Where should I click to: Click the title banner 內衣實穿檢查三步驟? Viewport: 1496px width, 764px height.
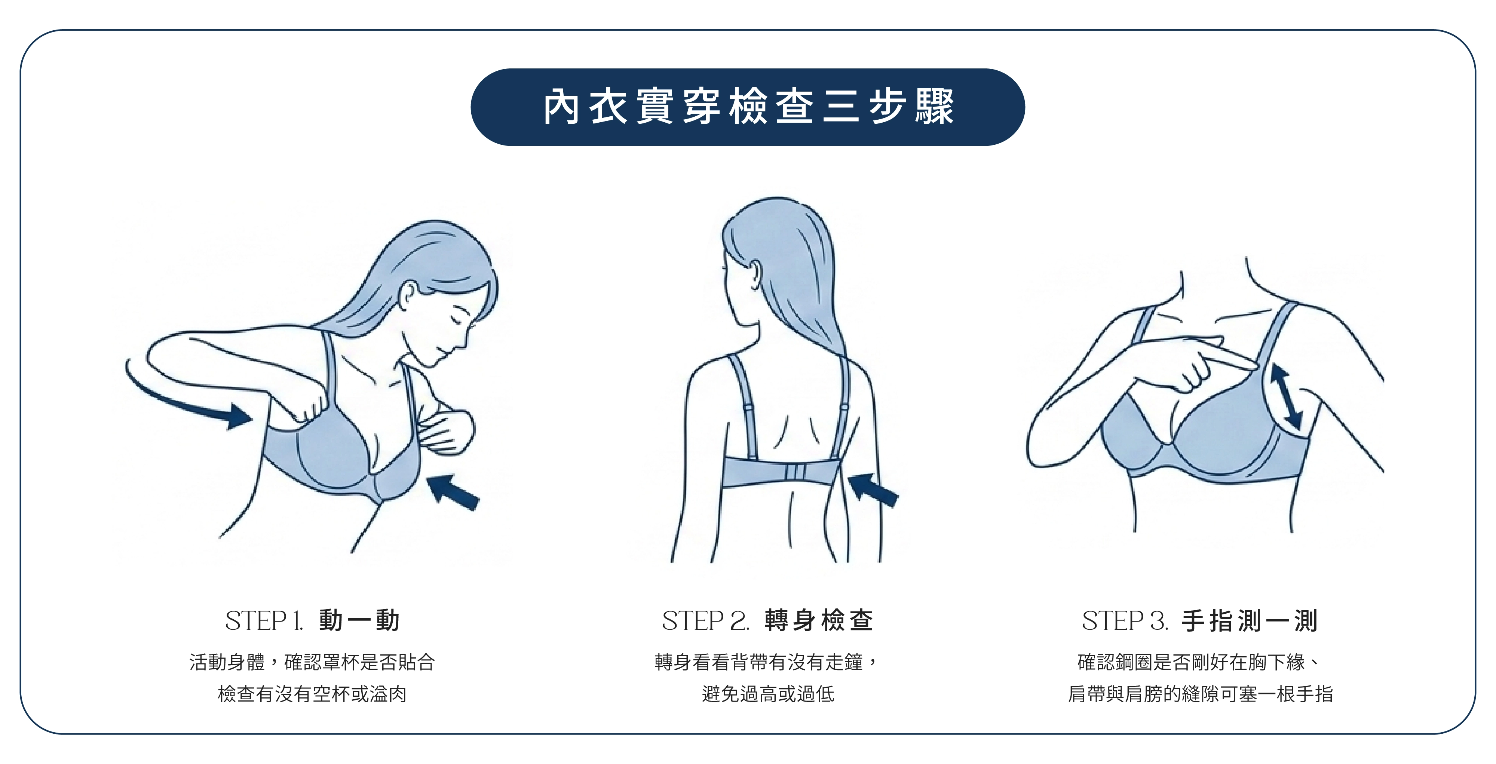(x=747, y=107)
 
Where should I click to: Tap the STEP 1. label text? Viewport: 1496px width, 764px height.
(x=264, y=621)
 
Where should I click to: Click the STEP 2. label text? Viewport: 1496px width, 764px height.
(x=706, y=621)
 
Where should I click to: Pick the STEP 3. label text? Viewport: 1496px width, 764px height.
(x=1125, y=621)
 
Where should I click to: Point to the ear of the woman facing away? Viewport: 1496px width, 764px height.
(x=755, y=274)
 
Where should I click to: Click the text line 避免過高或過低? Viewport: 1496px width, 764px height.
(x=768, y=694)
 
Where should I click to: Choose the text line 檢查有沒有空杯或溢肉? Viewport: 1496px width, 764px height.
(x=312, y=694)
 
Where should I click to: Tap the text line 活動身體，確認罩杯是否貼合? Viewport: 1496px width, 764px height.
(x=312, y=662)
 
